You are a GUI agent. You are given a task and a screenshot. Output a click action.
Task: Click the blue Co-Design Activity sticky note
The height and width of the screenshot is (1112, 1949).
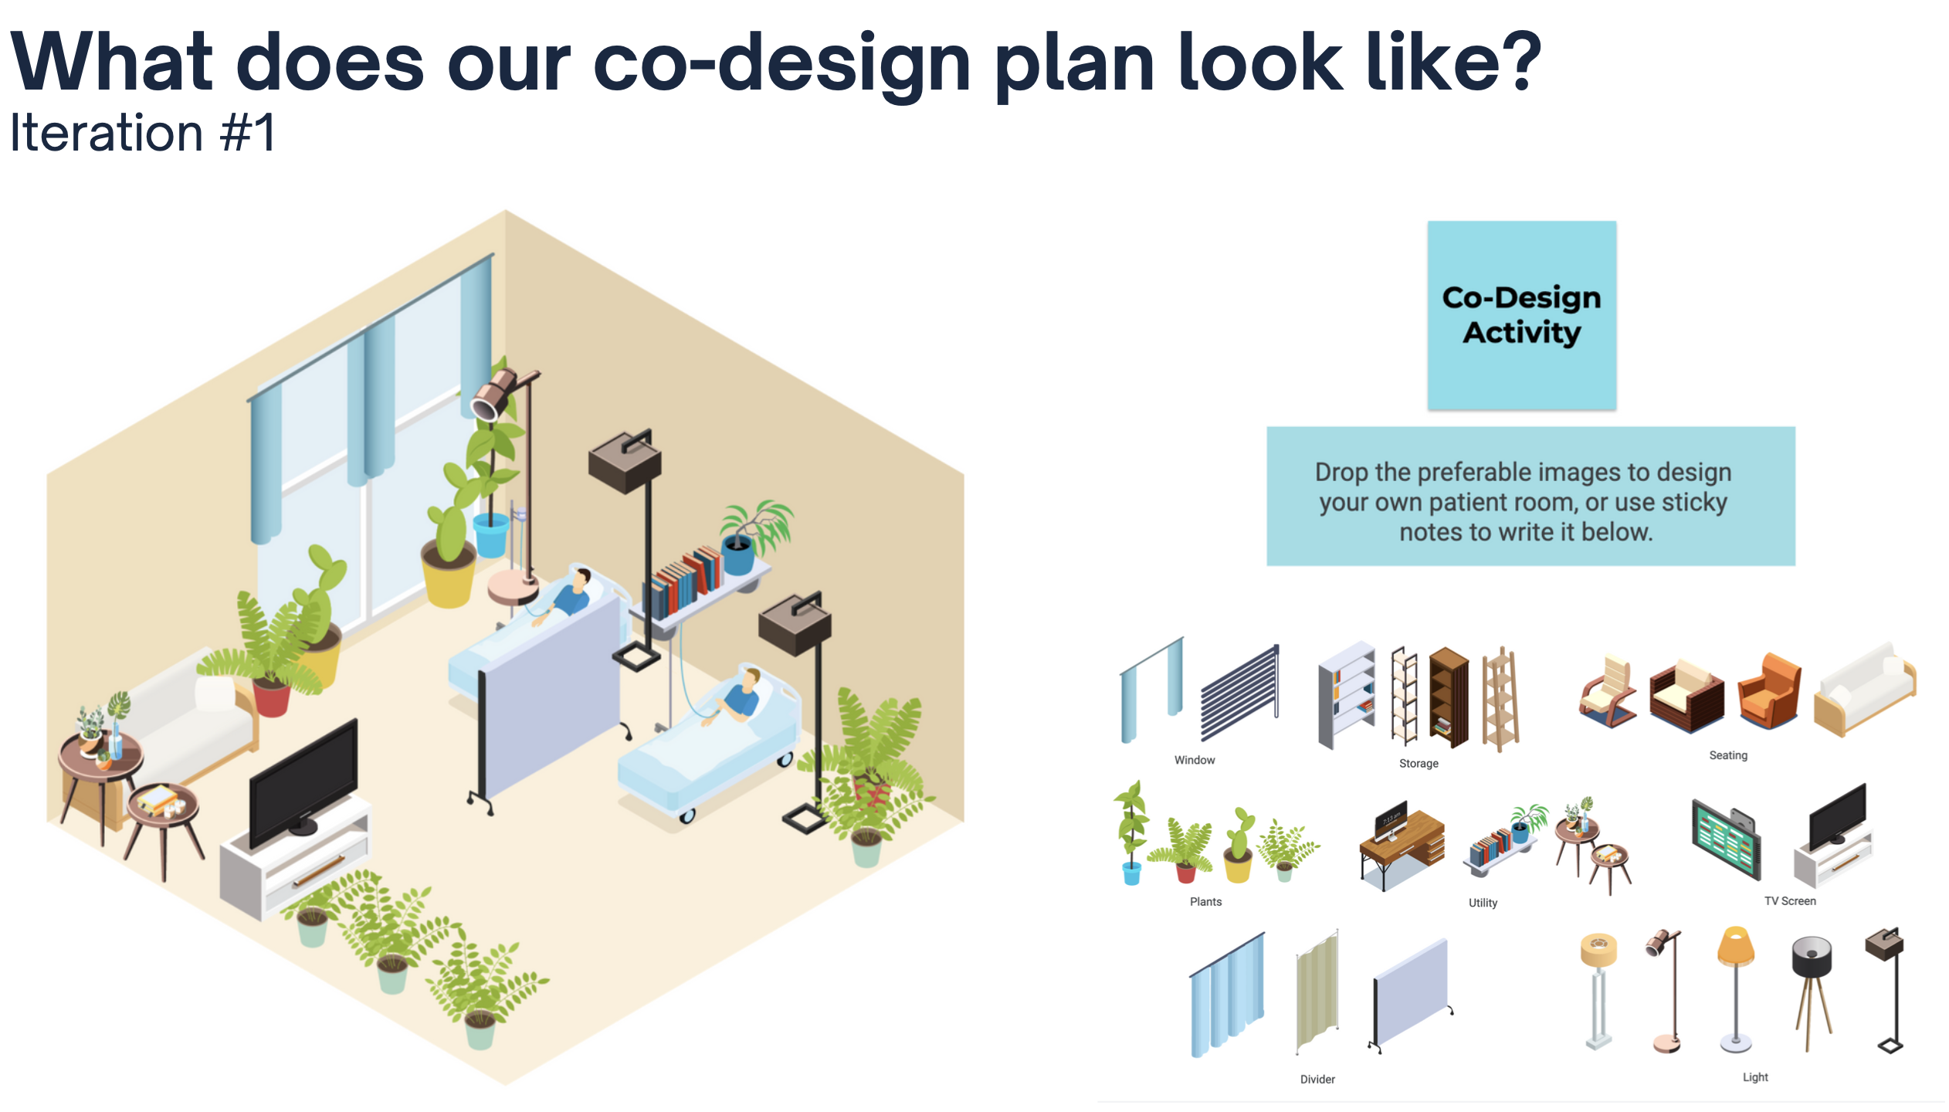pyautogui.click(x=1521, y=315)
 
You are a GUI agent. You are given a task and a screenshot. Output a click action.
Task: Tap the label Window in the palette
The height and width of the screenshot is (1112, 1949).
pyautogui.click(x=1195, y=760)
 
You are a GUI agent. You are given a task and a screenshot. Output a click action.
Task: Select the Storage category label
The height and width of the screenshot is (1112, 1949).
pyautogui.click(x=1419, y=763)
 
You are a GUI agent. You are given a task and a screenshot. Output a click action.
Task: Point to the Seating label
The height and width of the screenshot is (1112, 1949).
pyautogui.click(x=1728, y=755)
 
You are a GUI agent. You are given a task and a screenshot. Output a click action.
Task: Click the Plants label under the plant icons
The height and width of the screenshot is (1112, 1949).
pyautogui.click(x=1205, y=901)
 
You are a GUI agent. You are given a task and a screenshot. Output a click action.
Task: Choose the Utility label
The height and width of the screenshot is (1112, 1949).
pyautogui.click(x=1483, y=903)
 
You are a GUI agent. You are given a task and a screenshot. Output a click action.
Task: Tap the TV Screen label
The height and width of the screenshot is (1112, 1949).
pyautogui.click(x=1790, y=900)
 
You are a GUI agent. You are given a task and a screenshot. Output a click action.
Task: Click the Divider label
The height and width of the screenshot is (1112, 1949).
pyautogui.click(x=1317, y=1079)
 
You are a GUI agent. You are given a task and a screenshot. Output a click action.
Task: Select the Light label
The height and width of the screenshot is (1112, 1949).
pyautogui.click(x=1755, y=1076)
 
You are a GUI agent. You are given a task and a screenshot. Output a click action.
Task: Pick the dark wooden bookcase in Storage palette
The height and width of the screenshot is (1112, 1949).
pyautogui.click(x=1449, y=697)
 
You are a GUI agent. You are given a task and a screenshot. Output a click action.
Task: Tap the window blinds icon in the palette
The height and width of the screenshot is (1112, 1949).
pyautogui.click(x=1239, y=693)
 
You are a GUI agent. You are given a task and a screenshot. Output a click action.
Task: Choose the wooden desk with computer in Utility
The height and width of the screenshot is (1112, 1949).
pyautogui.click(x=1402, y=846)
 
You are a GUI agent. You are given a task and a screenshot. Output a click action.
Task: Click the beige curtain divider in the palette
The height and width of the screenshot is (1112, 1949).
pyautogui.click(x=1317, y=992)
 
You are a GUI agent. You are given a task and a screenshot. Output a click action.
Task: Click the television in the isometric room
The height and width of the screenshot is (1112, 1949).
pyautogui.click(x=303, y=784)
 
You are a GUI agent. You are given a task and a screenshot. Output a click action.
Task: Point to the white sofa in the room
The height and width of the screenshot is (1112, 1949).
pyautogui.click(x=189, y=722)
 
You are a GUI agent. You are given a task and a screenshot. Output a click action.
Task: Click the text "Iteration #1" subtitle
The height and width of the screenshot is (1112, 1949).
pyautogui.click(x=142, y=133)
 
